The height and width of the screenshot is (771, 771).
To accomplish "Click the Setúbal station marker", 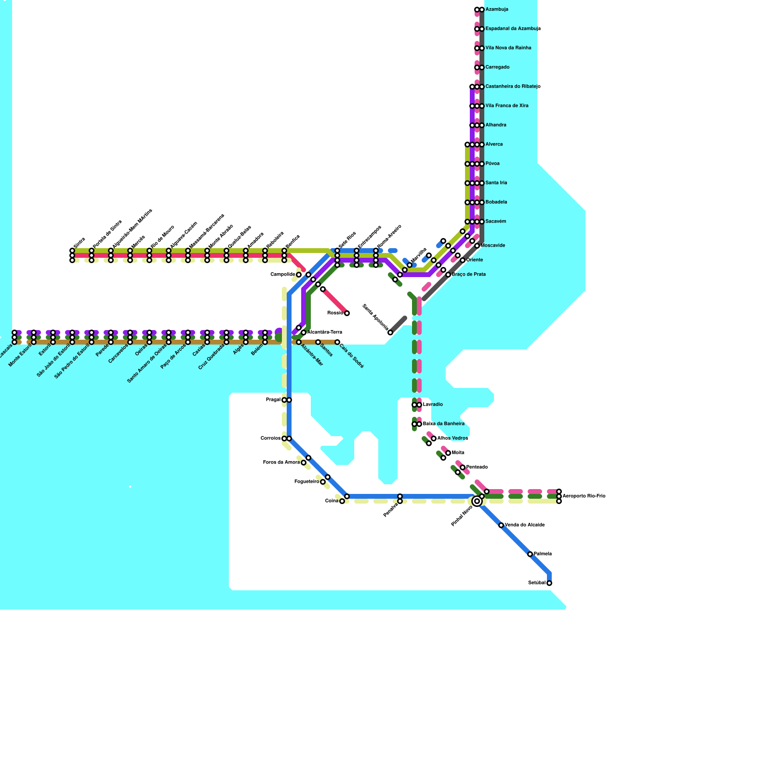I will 549,583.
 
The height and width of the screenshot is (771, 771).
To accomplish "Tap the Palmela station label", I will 543,554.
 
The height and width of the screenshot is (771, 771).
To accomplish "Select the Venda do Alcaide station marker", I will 501,525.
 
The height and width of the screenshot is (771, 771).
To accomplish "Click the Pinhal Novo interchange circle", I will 477,501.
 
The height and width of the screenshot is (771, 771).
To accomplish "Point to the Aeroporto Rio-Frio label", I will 584,496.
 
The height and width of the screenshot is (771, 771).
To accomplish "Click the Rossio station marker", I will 347,313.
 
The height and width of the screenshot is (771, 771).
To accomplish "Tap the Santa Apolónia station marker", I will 390,332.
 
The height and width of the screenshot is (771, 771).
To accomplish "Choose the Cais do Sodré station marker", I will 337,342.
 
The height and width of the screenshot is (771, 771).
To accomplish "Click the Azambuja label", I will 497,10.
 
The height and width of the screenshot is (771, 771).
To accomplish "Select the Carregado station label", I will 497,67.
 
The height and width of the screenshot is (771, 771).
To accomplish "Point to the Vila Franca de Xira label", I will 507,106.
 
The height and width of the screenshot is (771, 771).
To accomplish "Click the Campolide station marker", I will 299,275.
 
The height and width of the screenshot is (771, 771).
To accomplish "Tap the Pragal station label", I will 273,400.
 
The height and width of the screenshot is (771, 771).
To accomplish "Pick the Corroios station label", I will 270,439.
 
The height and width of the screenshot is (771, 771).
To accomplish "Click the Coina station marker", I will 342,501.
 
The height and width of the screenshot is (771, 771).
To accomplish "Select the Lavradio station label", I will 433,405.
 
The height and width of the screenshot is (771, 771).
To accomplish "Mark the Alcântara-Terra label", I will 324,332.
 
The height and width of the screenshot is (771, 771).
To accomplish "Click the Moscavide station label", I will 493,246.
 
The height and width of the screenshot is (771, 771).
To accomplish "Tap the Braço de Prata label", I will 469,275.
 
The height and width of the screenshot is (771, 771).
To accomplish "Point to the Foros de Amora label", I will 281,463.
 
